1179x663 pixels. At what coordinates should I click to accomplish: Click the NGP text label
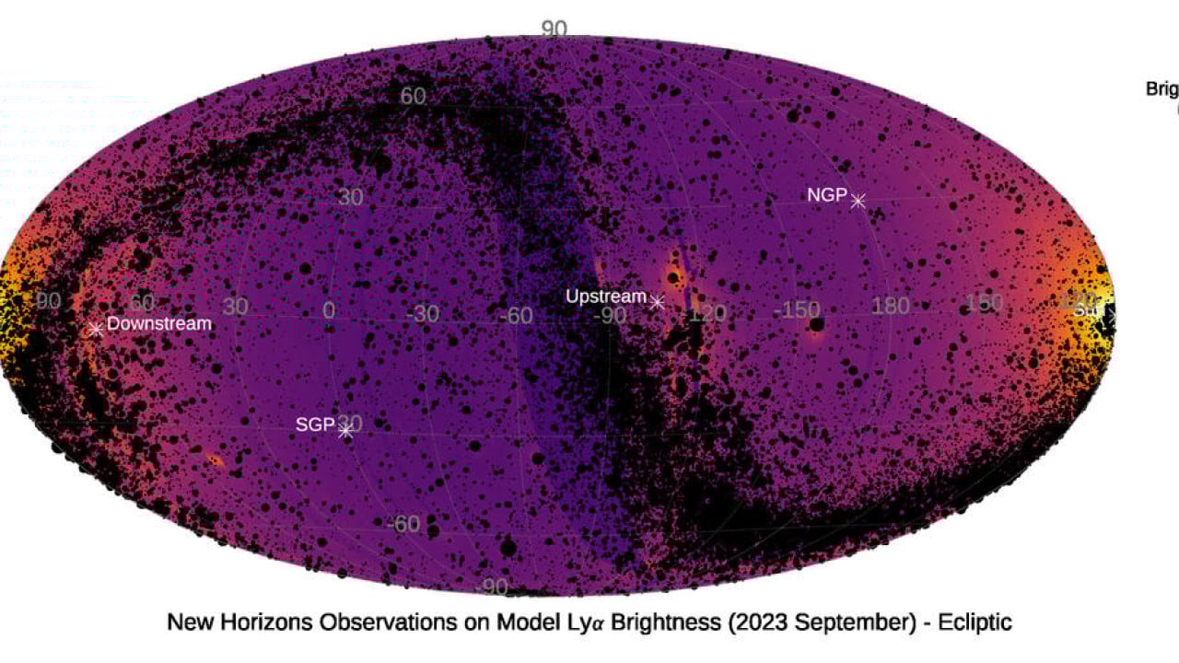[827, 195]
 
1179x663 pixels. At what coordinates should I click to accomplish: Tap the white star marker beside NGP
[858, 200]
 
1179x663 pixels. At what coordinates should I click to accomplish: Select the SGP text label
[313, 425]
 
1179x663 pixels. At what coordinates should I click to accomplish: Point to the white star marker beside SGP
[346, 430]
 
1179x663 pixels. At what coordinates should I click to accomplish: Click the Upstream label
[606, 297]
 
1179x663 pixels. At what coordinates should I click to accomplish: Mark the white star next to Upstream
[657, 301]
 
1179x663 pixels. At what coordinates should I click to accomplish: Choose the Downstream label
[159, 323]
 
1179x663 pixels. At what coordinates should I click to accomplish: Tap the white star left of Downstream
[95, 329]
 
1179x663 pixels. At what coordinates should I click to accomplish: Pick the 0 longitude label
[329, 310]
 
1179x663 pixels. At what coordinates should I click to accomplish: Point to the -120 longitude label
[706, 313]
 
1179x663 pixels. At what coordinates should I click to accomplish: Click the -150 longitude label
[800, 308]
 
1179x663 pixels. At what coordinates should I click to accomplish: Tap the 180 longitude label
[890, 306]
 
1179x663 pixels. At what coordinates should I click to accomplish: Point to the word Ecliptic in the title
[975, 622]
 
